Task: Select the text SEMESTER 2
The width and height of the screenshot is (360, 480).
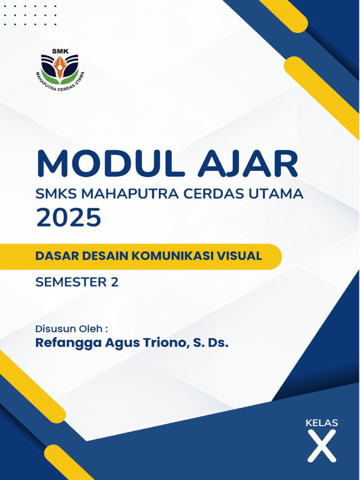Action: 77,282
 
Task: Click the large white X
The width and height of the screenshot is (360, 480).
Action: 322,446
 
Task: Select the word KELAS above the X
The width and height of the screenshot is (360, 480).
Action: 322,423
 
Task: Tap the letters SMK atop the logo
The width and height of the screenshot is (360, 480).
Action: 60,51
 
